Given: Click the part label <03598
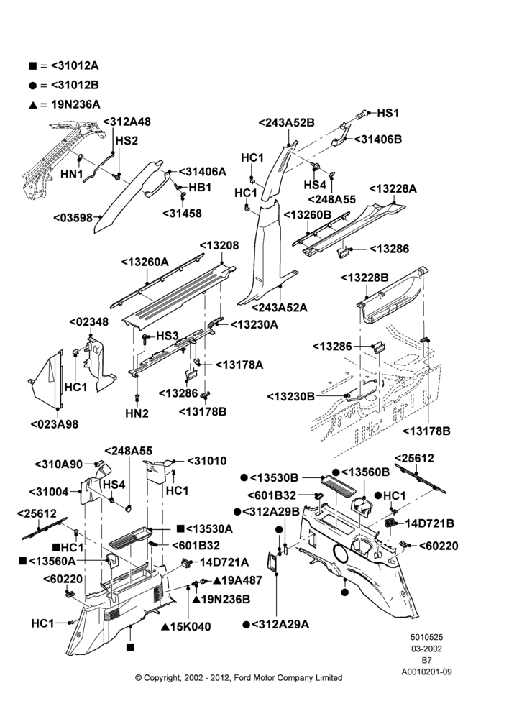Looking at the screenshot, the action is tap(73, 218).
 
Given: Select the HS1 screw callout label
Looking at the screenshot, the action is tap(388, 114).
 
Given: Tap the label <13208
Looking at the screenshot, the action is tap(219, 245).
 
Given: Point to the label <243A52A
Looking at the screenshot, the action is tap(279, 307).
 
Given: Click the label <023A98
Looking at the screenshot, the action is tap(55, 424).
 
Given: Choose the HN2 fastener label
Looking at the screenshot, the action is tap(137, 413).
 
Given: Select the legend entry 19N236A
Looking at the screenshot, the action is tap(75, 104).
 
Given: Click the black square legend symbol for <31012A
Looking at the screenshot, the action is tap(32, 66).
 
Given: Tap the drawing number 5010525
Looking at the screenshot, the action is tap(426, 637).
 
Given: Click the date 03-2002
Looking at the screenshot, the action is tap(426, 649).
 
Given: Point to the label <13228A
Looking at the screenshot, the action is tap(393, 188).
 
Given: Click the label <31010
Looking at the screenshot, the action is tap(206, 461).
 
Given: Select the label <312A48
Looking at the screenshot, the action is tap(127, 122).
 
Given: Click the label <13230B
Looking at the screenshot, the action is tap(290, 396).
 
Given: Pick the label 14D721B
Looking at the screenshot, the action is tap(430, 523).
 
